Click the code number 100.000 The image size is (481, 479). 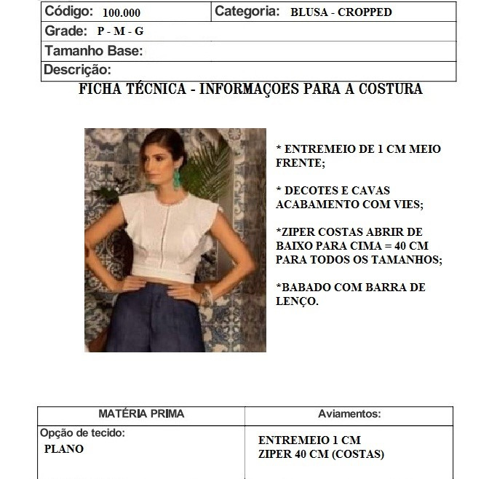122,13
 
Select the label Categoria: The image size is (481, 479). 247,12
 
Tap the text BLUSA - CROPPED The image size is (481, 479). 341,12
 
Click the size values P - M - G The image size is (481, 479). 120,32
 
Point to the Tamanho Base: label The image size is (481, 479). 94,51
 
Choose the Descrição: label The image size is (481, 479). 78,70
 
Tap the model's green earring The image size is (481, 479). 177,189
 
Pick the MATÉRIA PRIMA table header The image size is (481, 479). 141,413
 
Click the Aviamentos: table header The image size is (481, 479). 349,413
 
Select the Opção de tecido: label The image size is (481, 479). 82,432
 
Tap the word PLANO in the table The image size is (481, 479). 64,449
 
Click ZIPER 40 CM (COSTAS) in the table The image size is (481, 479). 321,454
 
